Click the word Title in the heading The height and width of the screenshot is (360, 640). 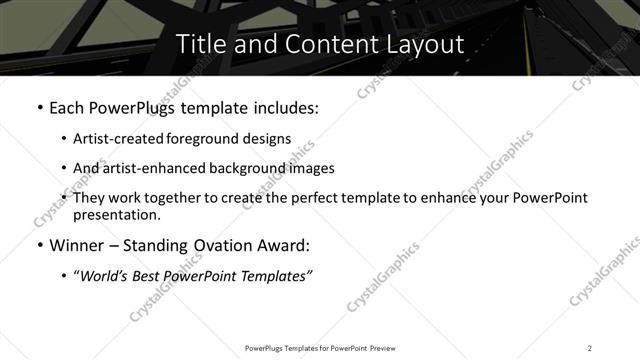201,44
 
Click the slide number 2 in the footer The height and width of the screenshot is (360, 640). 590,348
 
